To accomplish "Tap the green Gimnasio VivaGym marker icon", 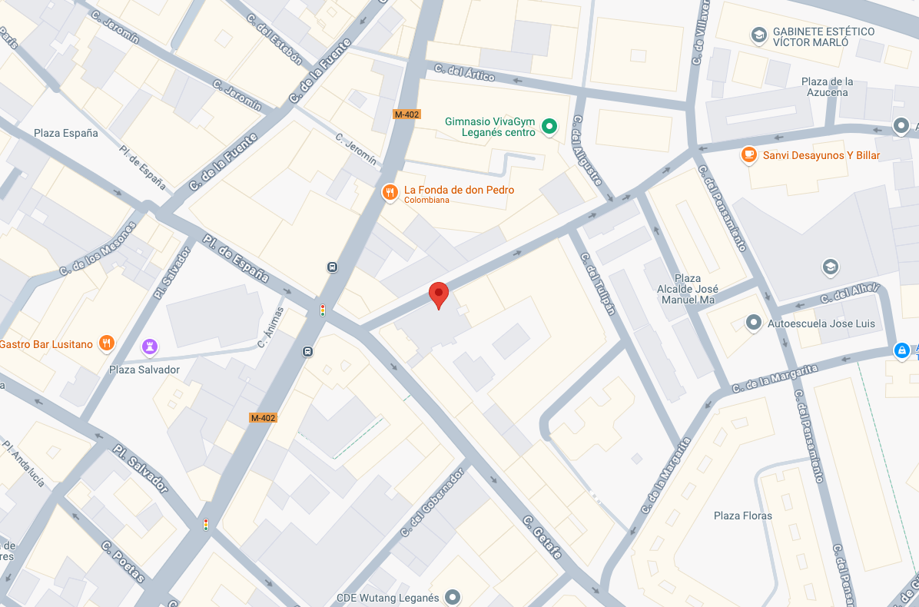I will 549,126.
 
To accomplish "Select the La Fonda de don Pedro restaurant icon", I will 390,194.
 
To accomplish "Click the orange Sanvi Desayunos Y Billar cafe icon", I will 748,155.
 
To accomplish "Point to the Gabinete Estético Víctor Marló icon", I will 759,35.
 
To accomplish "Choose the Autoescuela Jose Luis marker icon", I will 754,323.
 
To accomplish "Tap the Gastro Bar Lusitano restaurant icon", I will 107,343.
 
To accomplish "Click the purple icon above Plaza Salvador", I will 150,347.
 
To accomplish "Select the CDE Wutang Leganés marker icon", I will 453,596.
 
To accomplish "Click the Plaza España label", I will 66,133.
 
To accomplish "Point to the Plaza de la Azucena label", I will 827,87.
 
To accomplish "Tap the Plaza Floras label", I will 742,516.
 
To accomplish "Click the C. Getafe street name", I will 542,537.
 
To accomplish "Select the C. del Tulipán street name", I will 599,284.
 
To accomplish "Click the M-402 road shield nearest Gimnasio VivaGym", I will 406,114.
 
